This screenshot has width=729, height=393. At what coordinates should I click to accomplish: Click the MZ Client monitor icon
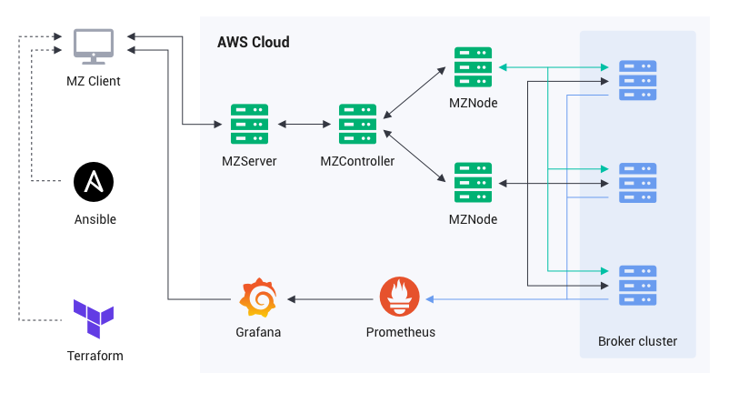click(x=94, y=46)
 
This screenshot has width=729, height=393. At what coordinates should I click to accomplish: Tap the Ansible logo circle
click(x=94, y=182)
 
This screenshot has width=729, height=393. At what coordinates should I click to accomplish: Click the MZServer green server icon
click(x=249, y=124)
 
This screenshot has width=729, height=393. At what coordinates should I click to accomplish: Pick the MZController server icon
click(x=357, y=124)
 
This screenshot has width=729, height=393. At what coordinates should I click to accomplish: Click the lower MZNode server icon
click(x=473, y=182)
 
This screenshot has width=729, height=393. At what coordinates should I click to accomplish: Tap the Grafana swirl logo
click(x=257, y=298)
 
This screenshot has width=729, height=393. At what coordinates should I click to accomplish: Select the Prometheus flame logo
click(x=399, y=298)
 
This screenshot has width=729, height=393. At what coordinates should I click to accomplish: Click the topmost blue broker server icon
click(x=637, y=78)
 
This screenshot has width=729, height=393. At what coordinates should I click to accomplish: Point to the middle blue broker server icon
click(x=637, y=182)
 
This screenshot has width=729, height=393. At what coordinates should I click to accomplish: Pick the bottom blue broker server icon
click(x=637, y=285)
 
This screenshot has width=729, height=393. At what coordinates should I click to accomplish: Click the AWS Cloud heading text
click(x=254, y=43)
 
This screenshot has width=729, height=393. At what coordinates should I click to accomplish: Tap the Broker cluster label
click(x=637, y=342)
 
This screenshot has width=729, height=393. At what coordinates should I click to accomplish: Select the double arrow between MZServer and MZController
click(x=303, y=124)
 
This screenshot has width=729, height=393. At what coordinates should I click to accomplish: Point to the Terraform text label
click(x=95, y=356)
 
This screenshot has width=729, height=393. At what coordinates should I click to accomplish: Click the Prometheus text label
click(x=400, y=332)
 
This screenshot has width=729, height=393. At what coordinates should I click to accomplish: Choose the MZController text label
click(x=357, y=162)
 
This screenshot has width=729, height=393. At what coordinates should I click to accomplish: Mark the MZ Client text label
click(x=94, y=82)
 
